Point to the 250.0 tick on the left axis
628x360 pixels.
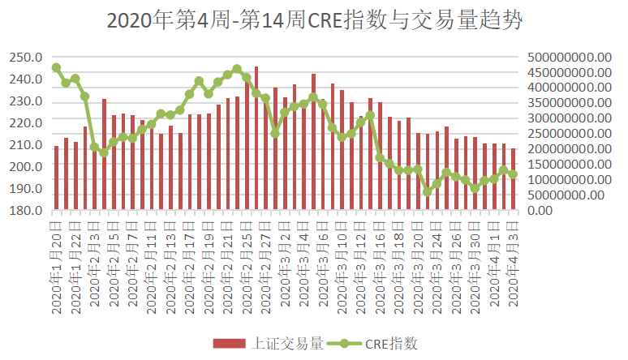coord(26,58)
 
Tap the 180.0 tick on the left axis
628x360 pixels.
coord(26,210)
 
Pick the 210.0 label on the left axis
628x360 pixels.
coord(26,144)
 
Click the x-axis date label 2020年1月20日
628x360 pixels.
coord(56,259)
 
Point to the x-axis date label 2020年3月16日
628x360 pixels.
coord(380,259)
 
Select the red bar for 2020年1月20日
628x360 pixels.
coord(56,178)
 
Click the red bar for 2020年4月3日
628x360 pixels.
coord(513,179)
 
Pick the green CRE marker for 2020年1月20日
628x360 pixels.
coord(56,68)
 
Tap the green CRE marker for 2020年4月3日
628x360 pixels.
coord(513,174)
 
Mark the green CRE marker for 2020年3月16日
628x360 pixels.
coord(380,158)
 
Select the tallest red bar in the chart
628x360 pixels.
coord(256,138)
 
